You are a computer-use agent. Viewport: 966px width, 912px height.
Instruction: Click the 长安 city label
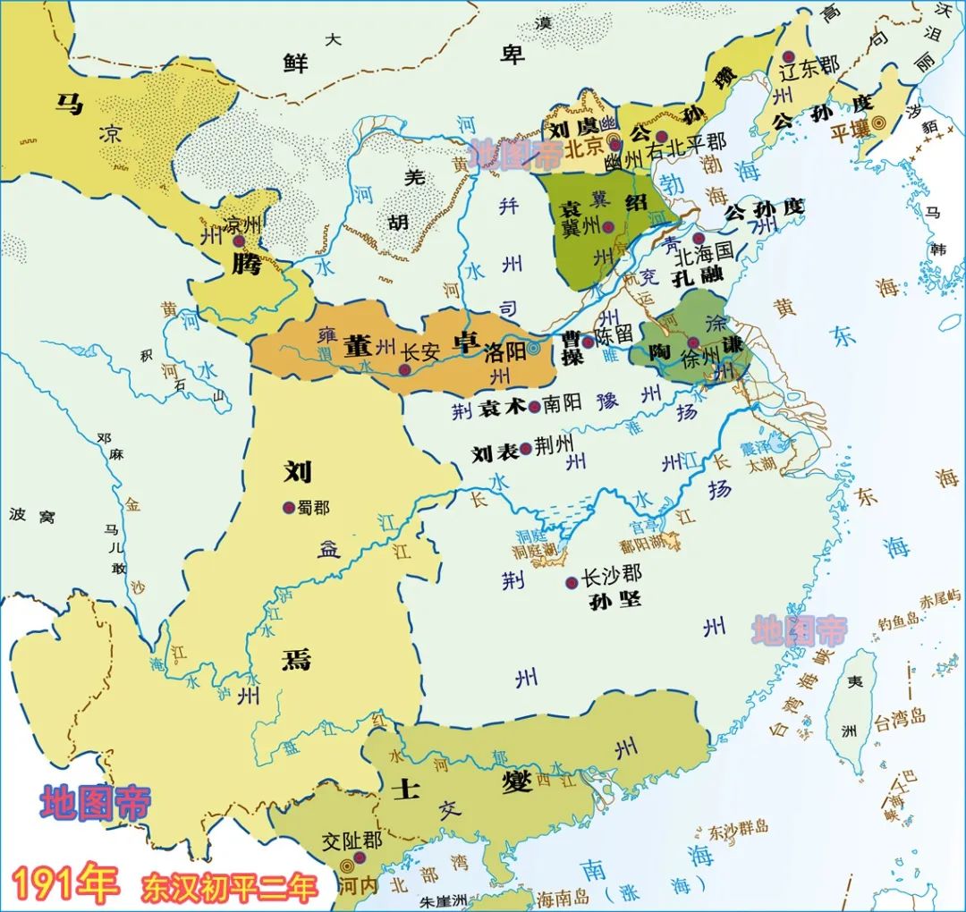[x=420, y=353]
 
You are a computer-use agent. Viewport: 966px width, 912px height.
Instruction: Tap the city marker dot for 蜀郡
[x=288, y=507]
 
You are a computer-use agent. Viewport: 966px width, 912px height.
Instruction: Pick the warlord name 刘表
[x=496, y=453]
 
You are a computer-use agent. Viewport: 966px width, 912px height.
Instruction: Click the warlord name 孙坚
[x=615, y=600]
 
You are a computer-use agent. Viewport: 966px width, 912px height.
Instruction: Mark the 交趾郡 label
[x=353, y=841]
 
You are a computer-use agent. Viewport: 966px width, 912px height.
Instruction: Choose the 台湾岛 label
[x=902, y=717]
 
